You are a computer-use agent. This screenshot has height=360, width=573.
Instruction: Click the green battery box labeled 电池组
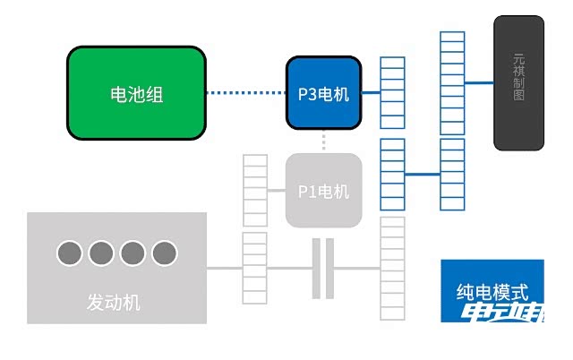136,94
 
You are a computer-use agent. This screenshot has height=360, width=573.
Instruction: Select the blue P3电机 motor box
323,93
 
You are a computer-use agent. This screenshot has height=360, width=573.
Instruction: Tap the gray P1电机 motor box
323,191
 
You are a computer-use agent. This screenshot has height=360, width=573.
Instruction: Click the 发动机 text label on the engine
114,302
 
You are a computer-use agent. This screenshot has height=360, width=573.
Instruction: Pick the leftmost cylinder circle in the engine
70,253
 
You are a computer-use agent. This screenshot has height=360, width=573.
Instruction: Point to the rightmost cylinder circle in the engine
164,253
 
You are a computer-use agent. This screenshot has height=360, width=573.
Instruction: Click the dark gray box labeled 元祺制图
518,82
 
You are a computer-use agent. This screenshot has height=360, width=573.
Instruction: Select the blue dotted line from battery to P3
245,92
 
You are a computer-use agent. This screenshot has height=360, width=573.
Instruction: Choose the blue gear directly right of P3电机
392,92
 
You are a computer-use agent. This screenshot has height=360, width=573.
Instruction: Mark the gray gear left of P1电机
255,190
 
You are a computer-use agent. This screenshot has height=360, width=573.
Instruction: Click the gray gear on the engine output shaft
254,268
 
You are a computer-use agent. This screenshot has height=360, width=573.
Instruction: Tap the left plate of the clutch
316,269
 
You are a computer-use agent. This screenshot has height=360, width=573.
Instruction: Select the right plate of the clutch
329,269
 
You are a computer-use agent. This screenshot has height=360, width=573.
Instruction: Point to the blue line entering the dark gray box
479,82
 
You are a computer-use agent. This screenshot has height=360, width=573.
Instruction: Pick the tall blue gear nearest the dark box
452,121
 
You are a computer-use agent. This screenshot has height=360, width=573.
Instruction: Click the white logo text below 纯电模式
502,313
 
